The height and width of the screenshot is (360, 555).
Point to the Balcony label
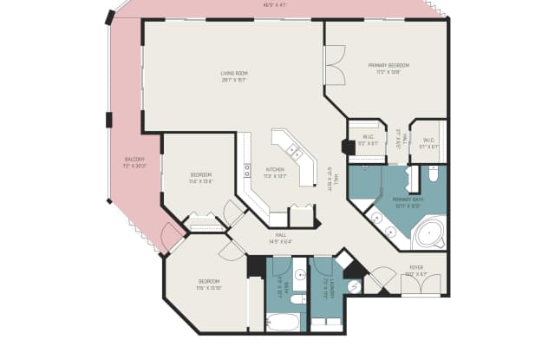[x=134, y=162]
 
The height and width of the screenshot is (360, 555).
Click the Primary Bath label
[x=407, y=203]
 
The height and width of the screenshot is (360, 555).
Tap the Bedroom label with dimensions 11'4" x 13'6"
[x=200, y=178]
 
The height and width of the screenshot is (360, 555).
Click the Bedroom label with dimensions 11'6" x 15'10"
[x=208, y=285]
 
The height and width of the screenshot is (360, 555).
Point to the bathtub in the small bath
[x=282, y=323]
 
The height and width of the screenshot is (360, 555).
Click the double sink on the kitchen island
[x=295, y=152]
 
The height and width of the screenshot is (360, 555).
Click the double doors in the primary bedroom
[x=334, y=65]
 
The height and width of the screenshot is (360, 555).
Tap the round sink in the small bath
[x=298, y=274]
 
